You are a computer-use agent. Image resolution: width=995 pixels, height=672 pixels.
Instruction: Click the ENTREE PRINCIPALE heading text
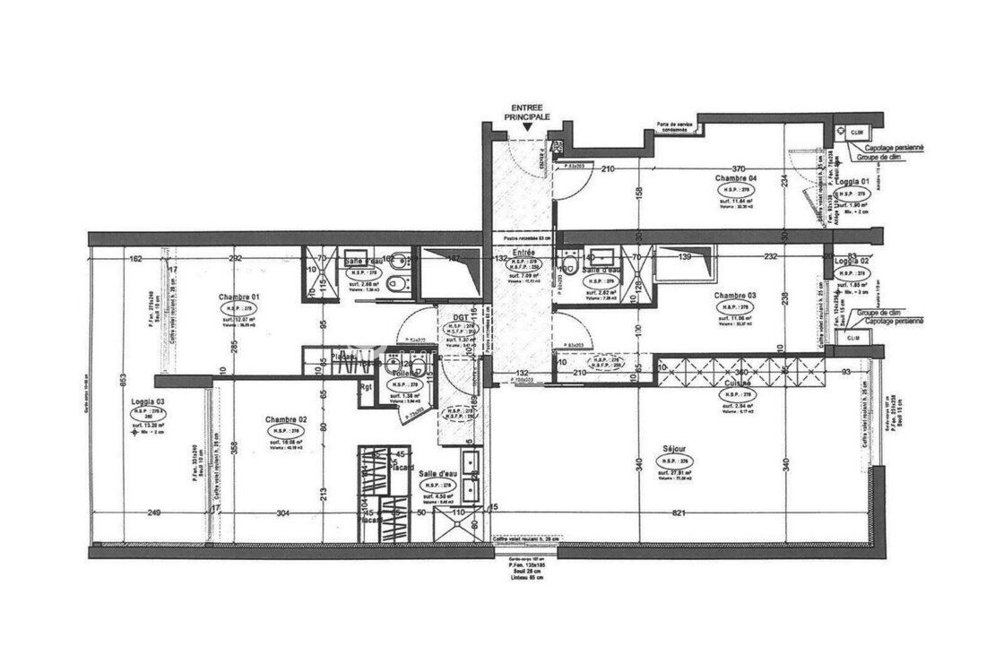[x=528, y=111]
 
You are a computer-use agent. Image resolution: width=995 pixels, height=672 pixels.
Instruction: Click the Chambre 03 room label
[x=735, y=295]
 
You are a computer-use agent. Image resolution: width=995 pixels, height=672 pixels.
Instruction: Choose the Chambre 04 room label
[x=736, y=178]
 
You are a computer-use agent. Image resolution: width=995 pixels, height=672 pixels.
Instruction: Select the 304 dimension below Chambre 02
[x=283, y=513]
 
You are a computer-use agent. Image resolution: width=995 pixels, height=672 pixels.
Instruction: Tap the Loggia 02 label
[x=849, y=260]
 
